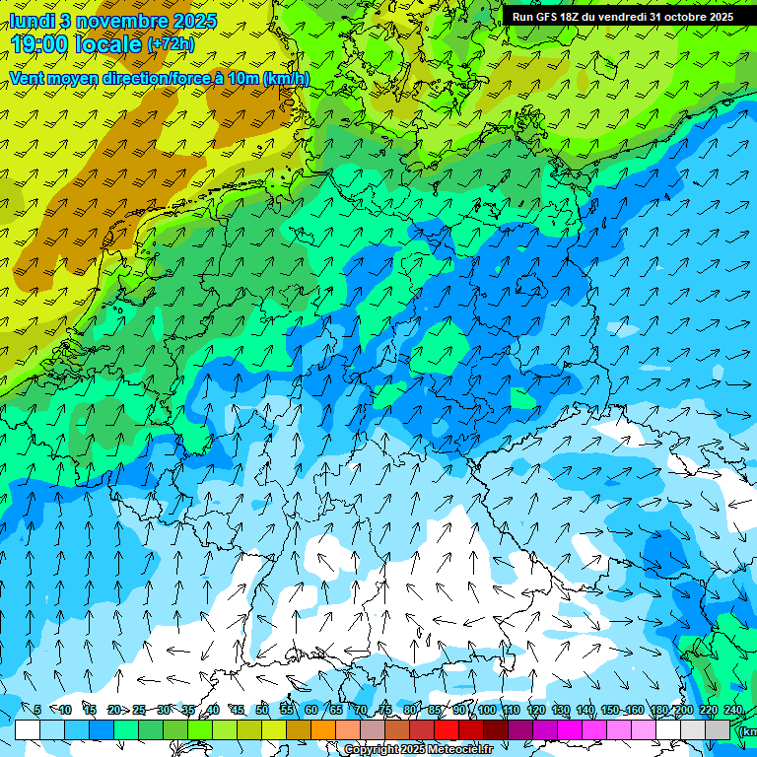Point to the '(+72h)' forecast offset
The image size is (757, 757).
click(171, 44)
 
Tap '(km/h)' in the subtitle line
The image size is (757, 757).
click(285, 78)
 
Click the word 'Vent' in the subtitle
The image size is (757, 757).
click(27, 78)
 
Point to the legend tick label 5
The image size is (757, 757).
click(36, 710)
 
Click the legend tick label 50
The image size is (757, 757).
click(261, 710)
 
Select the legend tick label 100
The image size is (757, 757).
click(486, 710)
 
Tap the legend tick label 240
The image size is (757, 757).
click(733, 710)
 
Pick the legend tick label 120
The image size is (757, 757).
click(535, 710)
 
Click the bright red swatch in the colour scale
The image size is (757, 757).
click(447, 729)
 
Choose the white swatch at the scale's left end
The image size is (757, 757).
click(28, 729)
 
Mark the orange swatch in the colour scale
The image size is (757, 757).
click(323, 729)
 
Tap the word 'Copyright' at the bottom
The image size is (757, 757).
click(372, 749)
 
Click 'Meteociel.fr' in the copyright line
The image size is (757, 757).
click(459, 749)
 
